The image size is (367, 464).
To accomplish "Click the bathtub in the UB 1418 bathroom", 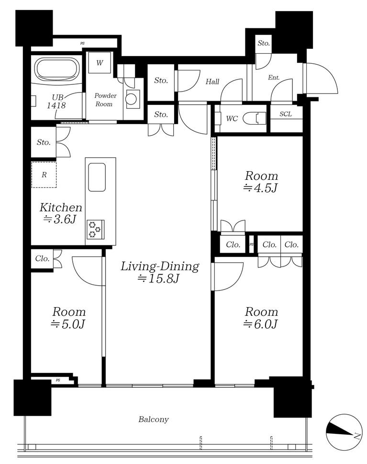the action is [x=58, y=69].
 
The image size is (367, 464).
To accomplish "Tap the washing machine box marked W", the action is [x=100, y=63].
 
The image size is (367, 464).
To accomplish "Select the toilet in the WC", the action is [x=255, y=119].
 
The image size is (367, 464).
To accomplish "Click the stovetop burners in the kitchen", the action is [x=95, y=229].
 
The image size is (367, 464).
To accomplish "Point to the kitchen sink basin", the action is [x=97, y=177].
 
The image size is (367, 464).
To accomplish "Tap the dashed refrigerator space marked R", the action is [x=44, y=174].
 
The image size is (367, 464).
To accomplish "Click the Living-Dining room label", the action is [x=160, y=267].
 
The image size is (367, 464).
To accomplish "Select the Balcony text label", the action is [x=154, y=419].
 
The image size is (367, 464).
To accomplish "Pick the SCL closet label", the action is [x=286, y=114].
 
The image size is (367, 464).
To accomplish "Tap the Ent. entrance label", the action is [x=274, y=78].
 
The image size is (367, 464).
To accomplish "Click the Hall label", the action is [x=212, y=81].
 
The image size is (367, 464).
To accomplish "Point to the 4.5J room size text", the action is [x=261, y=188].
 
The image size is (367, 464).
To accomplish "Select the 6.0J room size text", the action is [x=261, y=325].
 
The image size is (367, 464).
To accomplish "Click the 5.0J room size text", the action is [x=68, y=325].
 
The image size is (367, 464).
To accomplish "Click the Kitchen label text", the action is [x=61, y=207].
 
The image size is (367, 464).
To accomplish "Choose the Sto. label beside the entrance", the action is [x=264, y=43].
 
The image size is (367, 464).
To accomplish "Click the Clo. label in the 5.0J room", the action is [x=42, y=259].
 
